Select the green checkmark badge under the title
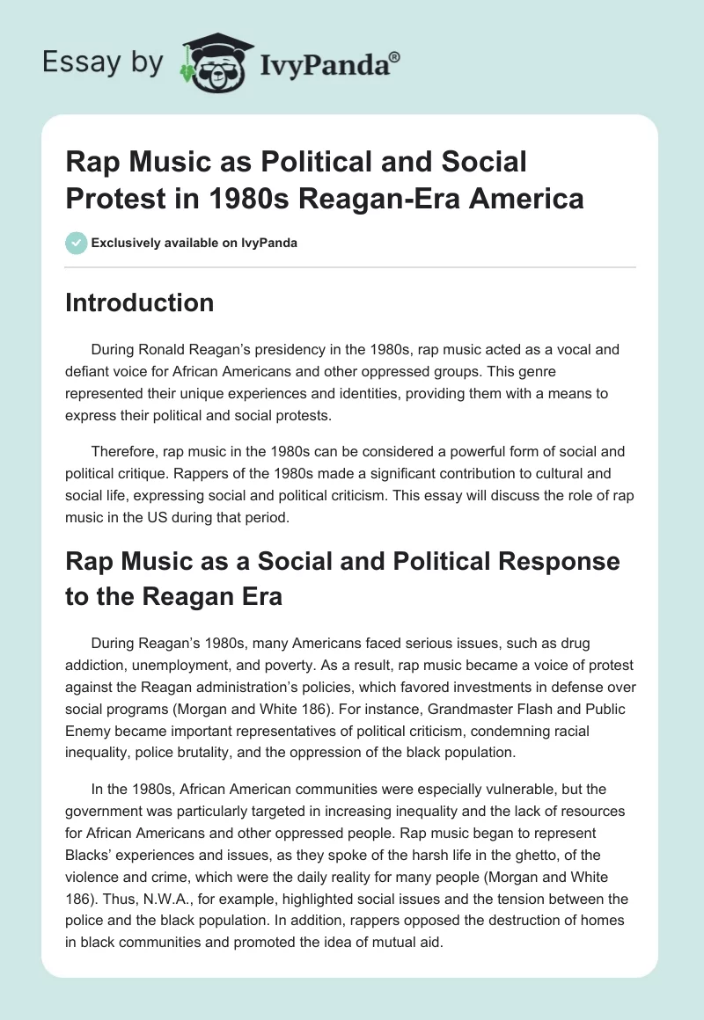(76, 243)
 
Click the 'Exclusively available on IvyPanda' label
(194, 243)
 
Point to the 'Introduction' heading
(139, 302)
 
